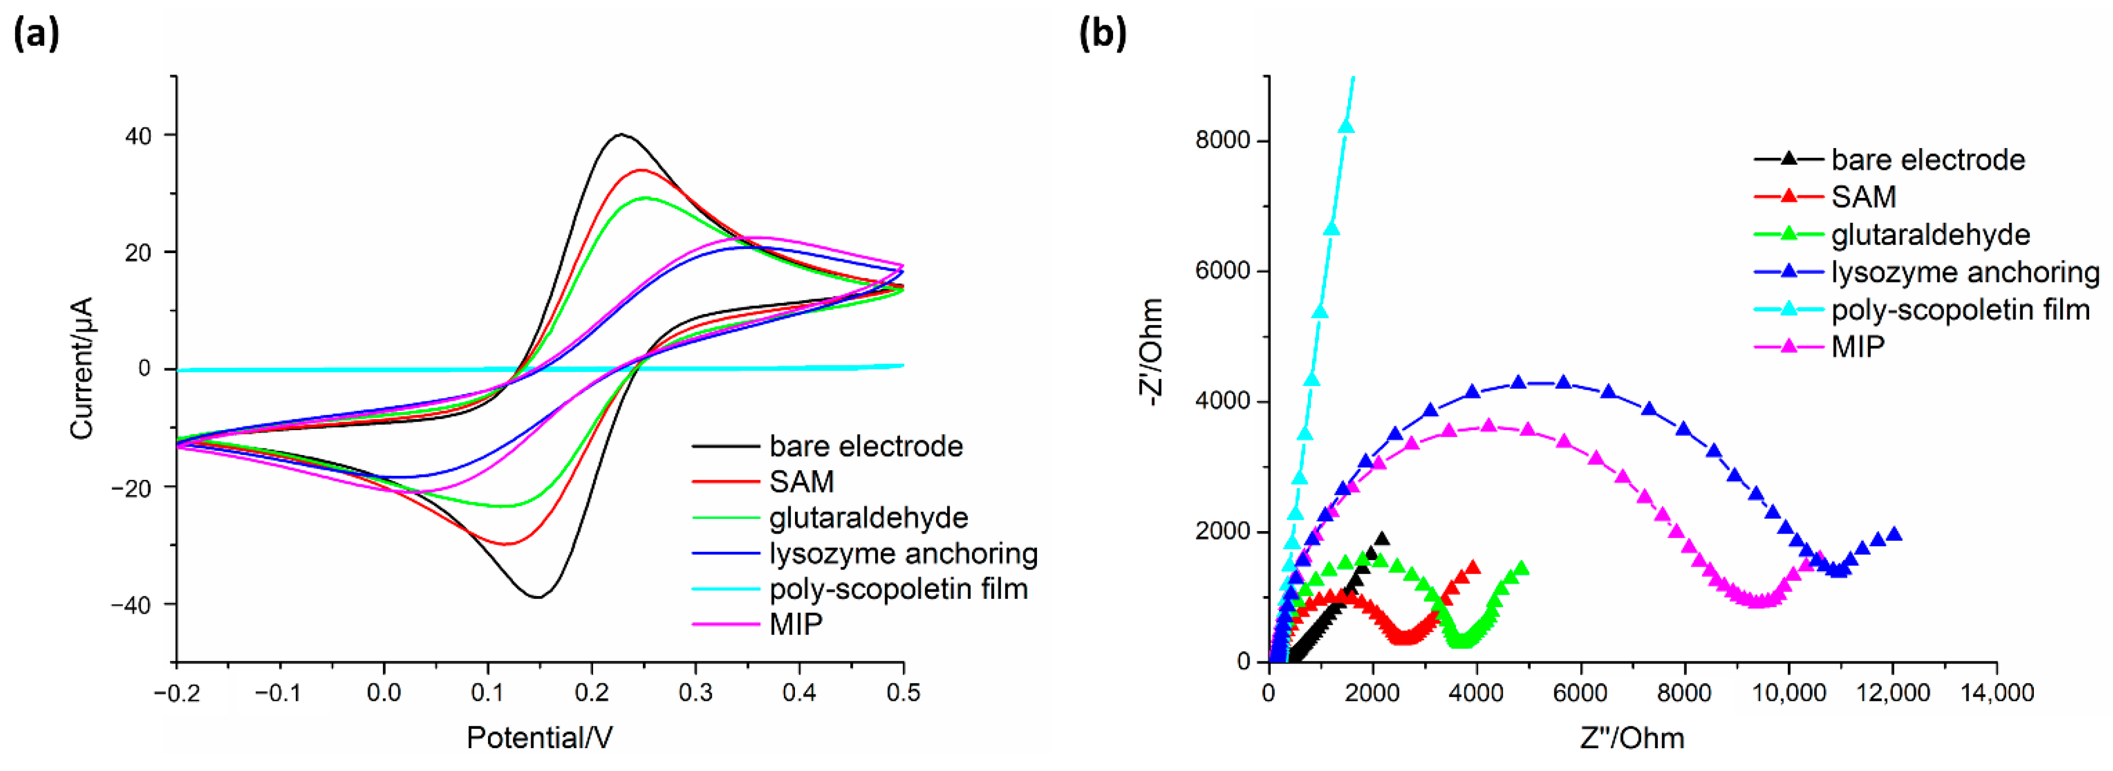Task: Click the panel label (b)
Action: [x=1102, y=34]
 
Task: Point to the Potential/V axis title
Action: [x=539, y=738]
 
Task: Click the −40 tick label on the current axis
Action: [x=131, y=605]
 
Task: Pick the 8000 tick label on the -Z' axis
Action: [x=1222, y=141]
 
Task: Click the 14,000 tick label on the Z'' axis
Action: [x=1996, y=693]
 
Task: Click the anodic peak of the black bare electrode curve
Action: [x=621, y=134]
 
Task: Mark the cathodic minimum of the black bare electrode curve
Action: [x=537, y=597]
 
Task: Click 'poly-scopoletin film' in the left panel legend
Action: [x=898, y=589]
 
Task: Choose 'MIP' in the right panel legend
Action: [x=1858, y=347]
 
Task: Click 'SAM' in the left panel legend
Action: [x=802, y=481]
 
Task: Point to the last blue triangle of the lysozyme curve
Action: [x=1894, y=534]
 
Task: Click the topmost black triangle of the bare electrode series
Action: [x=1382, y=539]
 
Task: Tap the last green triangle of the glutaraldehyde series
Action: [x=1521, y=568]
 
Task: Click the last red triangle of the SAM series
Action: [x=1472, y=567]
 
